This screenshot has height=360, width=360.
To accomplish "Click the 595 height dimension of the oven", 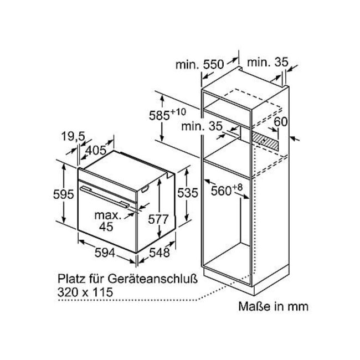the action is [x=63, y=194].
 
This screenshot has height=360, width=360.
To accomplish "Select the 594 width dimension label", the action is [x=105, y=253].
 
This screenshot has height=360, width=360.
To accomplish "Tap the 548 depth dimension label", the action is [x=160, y=253].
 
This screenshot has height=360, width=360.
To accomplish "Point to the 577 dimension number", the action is [x=158, y=219].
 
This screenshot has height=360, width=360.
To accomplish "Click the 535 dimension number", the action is [x=188, y=193].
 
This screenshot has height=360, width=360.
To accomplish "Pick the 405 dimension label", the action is [x=95, y=151].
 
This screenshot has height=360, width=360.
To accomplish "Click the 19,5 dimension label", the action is [x=73, y=137].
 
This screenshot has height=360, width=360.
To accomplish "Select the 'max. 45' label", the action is [x=107, y=221].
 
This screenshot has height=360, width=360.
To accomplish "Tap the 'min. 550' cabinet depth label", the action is [x=199, y=64].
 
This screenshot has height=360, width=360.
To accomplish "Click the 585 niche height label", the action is [x=167, y=115].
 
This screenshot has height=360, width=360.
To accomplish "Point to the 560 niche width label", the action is [x=227, y=191].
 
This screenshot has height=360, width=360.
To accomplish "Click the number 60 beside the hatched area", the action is [x=281, y=122].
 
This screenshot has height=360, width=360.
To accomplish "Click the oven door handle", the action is [x=105, y=197].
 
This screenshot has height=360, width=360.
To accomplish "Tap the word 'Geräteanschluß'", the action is [x=152, y=279].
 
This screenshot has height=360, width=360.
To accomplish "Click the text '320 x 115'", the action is [x=85, y=292].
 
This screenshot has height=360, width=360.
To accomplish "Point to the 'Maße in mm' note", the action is [x=273, y=306].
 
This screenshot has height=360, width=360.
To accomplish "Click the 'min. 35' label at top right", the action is [x=268, y=62].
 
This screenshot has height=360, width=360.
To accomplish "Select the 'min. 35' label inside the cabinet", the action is [x=202, y=126].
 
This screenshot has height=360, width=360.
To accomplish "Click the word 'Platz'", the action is [x=70, y=279].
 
